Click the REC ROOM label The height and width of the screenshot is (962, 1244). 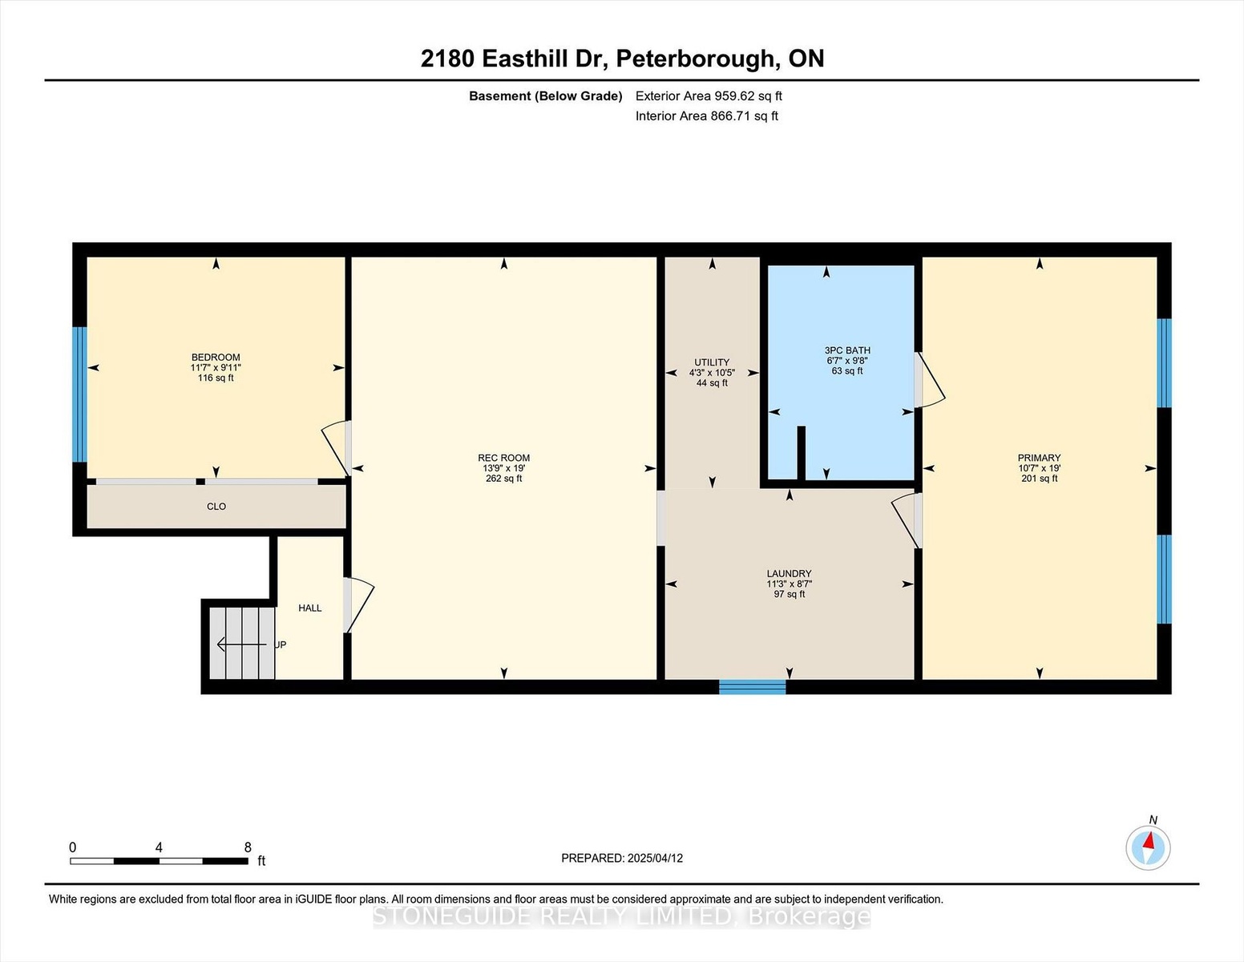click(504, 458)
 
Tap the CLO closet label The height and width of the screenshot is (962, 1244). click(216, 507)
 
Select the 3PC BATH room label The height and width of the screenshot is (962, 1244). click(847, 350)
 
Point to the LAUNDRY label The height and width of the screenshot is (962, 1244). click(790, 573)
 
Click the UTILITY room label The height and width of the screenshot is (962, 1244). click(712, 362)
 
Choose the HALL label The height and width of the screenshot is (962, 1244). click(309, 608)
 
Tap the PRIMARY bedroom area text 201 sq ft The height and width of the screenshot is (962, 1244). click(1040, 479)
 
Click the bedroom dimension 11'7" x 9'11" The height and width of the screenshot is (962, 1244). click(216, 367)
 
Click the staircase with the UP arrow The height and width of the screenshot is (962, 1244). click(242, 643)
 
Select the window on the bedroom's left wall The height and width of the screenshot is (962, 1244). click(79, 394)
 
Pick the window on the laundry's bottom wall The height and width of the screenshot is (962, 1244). click(752, 687)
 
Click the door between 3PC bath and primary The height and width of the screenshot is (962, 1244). click(928, 380)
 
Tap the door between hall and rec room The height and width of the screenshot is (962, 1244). click(357, 605)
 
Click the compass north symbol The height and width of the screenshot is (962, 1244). click(1148, 847)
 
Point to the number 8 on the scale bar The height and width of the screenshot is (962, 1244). click(248, 847)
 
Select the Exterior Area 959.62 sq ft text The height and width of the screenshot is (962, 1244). click(709, 96)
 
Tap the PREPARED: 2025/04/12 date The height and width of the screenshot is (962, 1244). click(622, 858)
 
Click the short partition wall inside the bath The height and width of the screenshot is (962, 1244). click(802, 453)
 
